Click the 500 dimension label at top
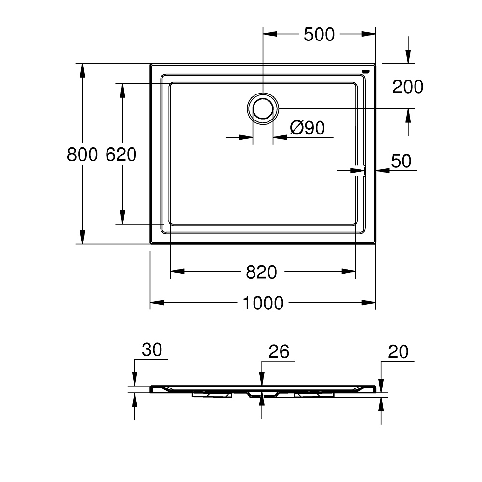coord(319,35)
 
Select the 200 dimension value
coord(407,87)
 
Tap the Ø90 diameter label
coord(308,128)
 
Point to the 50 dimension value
coord(401,161)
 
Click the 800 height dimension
coord(82,155)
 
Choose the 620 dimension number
coord(121,155)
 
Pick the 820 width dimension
coord(262,272)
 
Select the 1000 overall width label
coord(263,304)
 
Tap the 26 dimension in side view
coord(278,352)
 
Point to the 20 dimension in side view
coord(398,352)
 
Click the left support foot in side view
coord(212,394)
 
